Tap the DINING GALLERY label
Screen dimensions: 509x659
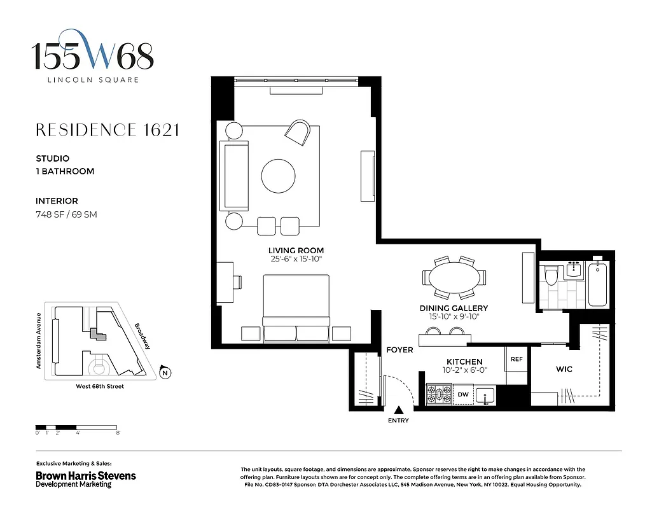(453, 309)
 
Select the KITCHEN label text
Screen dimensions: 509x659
(464, 361)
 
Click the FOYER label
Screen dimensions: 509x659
(399, 350)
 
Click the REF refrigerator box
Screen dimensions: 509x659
(517, 359)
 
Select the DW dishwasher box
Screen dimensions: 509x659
(464, 395)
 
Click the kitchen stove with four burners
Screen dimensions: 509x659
(438, 394)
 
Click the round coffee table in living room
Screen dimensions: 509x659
(279, 174)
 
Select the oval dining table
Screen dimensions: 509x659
(453, 278)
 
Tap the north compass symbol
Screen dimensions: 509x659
(165, 373)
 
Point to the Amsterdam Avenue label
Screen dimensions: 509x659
(39, 340)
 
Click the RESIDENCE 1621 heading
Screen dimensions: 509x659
(108, 130)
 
